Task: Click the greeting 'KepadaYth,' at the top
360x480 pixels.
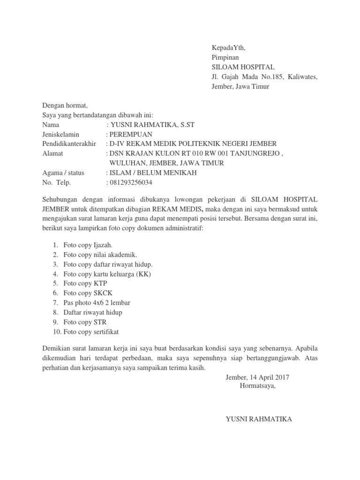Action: point(228,48)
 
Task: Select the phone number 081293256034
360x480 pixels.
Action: point(131,182)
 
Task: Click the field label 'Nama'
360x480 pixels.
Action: point(51,125)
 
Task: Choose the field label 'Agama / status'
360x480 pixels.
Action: point(64,172)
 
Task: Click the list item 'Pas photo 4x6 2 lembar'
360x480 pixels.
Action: point(97,303)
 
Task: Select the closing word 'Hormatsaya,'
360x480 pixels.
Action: point(258,386)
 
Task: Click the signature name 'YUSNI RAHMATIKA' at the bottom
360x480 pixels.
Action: point(259,419)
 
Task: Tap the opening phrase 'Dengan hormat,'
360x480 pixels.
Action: point(65,105)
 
